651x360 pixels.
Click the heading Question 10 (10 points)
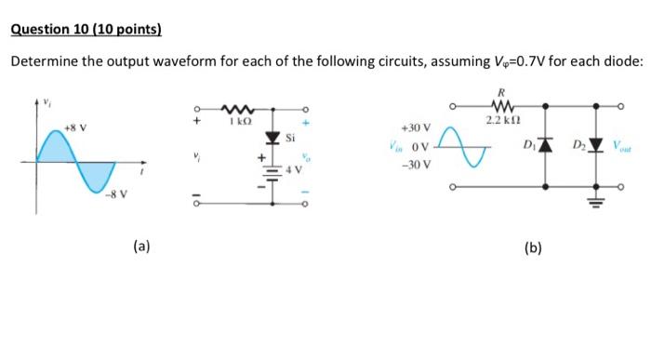[86, 29]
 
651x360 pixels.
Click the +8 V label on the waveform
[75, 126]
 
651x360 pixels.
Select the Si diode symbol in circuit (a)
[272, 139]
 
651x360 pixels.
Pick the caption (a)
[140, 247]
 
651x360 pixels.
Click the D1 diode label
[529, 144]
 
